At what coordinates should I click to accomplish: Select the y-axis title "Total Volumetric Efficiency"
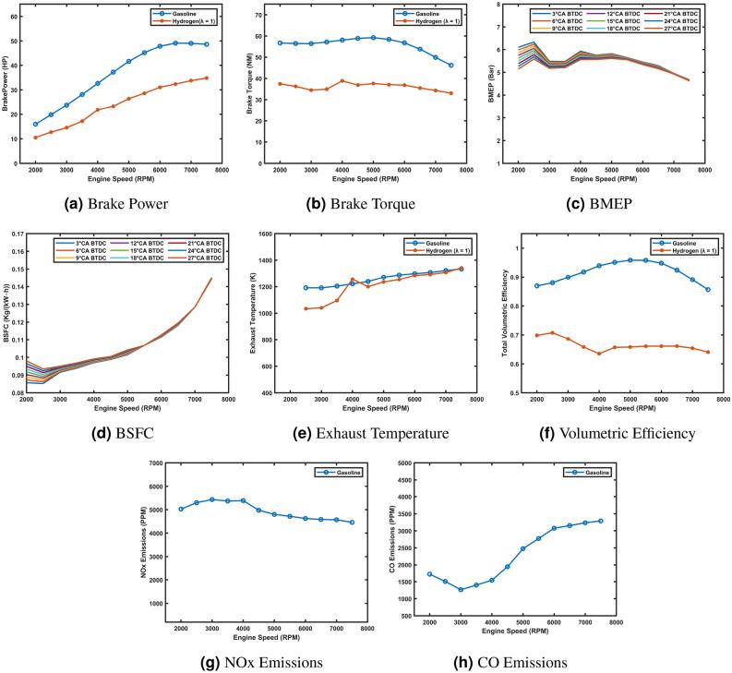pos(503,314)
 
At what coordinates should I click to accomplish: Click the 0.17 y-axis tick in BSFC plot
pos(15,234)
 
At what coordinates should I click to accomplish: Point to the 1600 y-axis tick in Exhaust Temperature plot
pos(265,234)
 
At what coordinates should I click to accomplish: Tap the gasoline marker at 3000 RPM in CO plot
pos(461,589)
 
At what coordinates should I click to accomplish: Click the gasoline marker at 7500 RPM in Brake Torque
pos(451,65)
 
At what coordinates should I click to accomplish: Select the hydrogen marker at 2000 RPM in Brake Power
pos(36,138)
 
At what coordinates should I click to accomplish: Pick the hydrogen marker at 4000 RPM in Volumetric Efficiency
pos(599,354)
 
